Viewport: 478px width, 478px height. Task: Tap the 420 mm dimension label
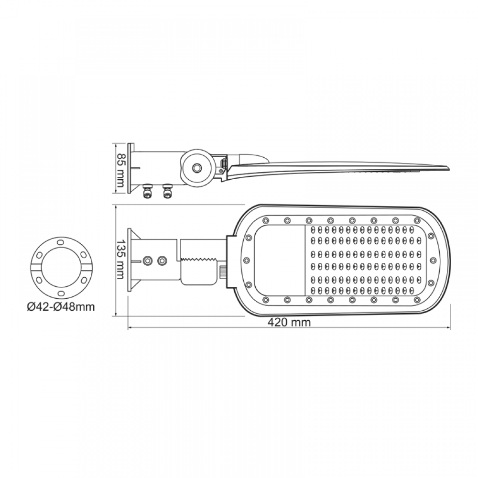289,322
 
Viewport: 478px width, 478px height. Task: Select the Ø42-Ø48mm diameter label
61,307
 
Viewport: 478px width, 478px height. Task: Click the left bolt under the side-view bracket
148,191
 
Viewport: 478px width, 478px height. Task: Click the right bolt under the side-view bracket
167,191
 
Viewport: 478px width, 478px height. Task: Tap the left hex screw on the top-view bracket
148,261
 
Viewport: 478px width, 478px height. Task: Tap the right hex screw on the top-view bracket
162,261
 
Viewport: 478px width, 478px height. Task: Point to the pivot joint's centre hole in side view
196,168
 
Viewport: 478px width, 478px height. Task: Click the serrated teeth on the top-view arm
198,260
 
